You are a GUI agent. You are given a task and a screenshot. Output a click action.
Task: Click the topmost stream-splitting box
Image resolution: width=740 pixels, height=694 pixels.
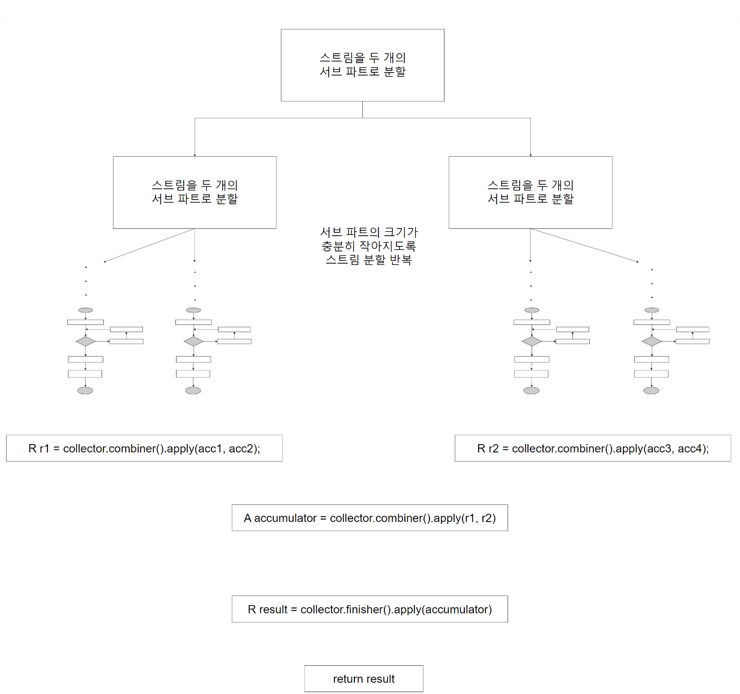click(362, 65)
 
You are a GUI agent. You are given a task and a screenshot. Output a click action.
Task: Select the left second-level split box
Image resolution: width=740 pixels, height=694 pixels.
click(195, 192)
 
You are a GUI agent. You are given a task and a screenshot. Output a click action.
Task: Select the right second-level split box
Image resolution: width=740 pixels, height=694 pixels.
click(530, 192)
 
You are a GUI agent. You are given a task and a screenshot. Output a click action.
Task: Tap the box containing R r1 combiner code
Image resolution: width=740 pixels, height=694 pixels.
click(144, 448)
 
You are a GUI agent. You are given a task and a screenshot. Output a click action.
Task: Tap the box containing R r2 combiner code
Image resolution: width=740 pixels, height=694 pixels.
click(593, 448)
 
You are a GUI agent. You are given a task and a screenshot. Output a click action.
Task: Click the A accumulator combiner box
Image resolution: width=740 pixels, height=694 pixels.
click(369, 518)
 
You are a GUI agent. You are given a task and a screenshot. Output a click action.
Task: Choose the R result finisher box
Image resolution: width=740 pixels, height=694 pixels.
click(369, 609)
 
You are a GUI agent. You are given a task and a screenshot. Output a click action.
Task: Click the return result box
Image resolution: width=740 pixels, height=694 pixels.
click(363, 679)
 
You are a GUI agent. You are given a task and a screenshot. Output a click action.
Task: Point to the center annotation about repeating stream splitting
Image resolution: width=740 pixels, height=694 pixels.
click(369, 246)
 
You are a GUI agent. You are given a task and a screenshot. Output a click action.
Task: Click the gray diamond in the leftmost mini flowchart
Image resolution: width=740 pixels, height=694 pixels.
click(85, 341)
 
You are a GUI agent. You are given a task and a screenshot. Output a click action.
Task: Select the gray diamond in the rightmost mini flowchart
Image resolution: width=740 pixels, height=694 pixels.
click(652, 341)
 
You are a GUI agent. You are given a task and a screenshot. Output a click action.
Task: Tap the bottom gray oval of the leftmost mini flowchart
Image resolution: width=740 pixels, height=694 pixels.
click(85, 391)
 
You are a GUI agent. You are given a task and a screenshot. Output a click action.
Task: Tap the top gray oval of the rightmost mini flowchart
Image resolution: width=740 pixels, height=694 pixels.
click(652, 310)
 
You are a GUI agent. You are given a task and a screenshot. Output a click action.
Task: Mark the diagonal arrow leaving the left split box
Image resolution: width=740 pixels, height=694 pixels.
click(149, 245)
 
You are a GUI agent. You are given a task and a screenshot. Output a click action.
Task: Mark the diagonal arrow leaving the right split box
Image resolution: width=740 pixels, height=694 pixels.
click(584, 245)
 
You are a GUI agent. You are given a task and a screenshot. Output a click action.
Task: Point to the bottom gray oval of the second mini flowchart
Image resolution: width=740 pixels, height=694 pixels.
click(193, 391)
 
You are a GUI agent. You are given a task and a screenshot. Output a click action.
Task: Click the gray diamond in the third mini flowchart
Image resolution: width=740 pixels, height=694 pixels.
click(532, 341)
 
